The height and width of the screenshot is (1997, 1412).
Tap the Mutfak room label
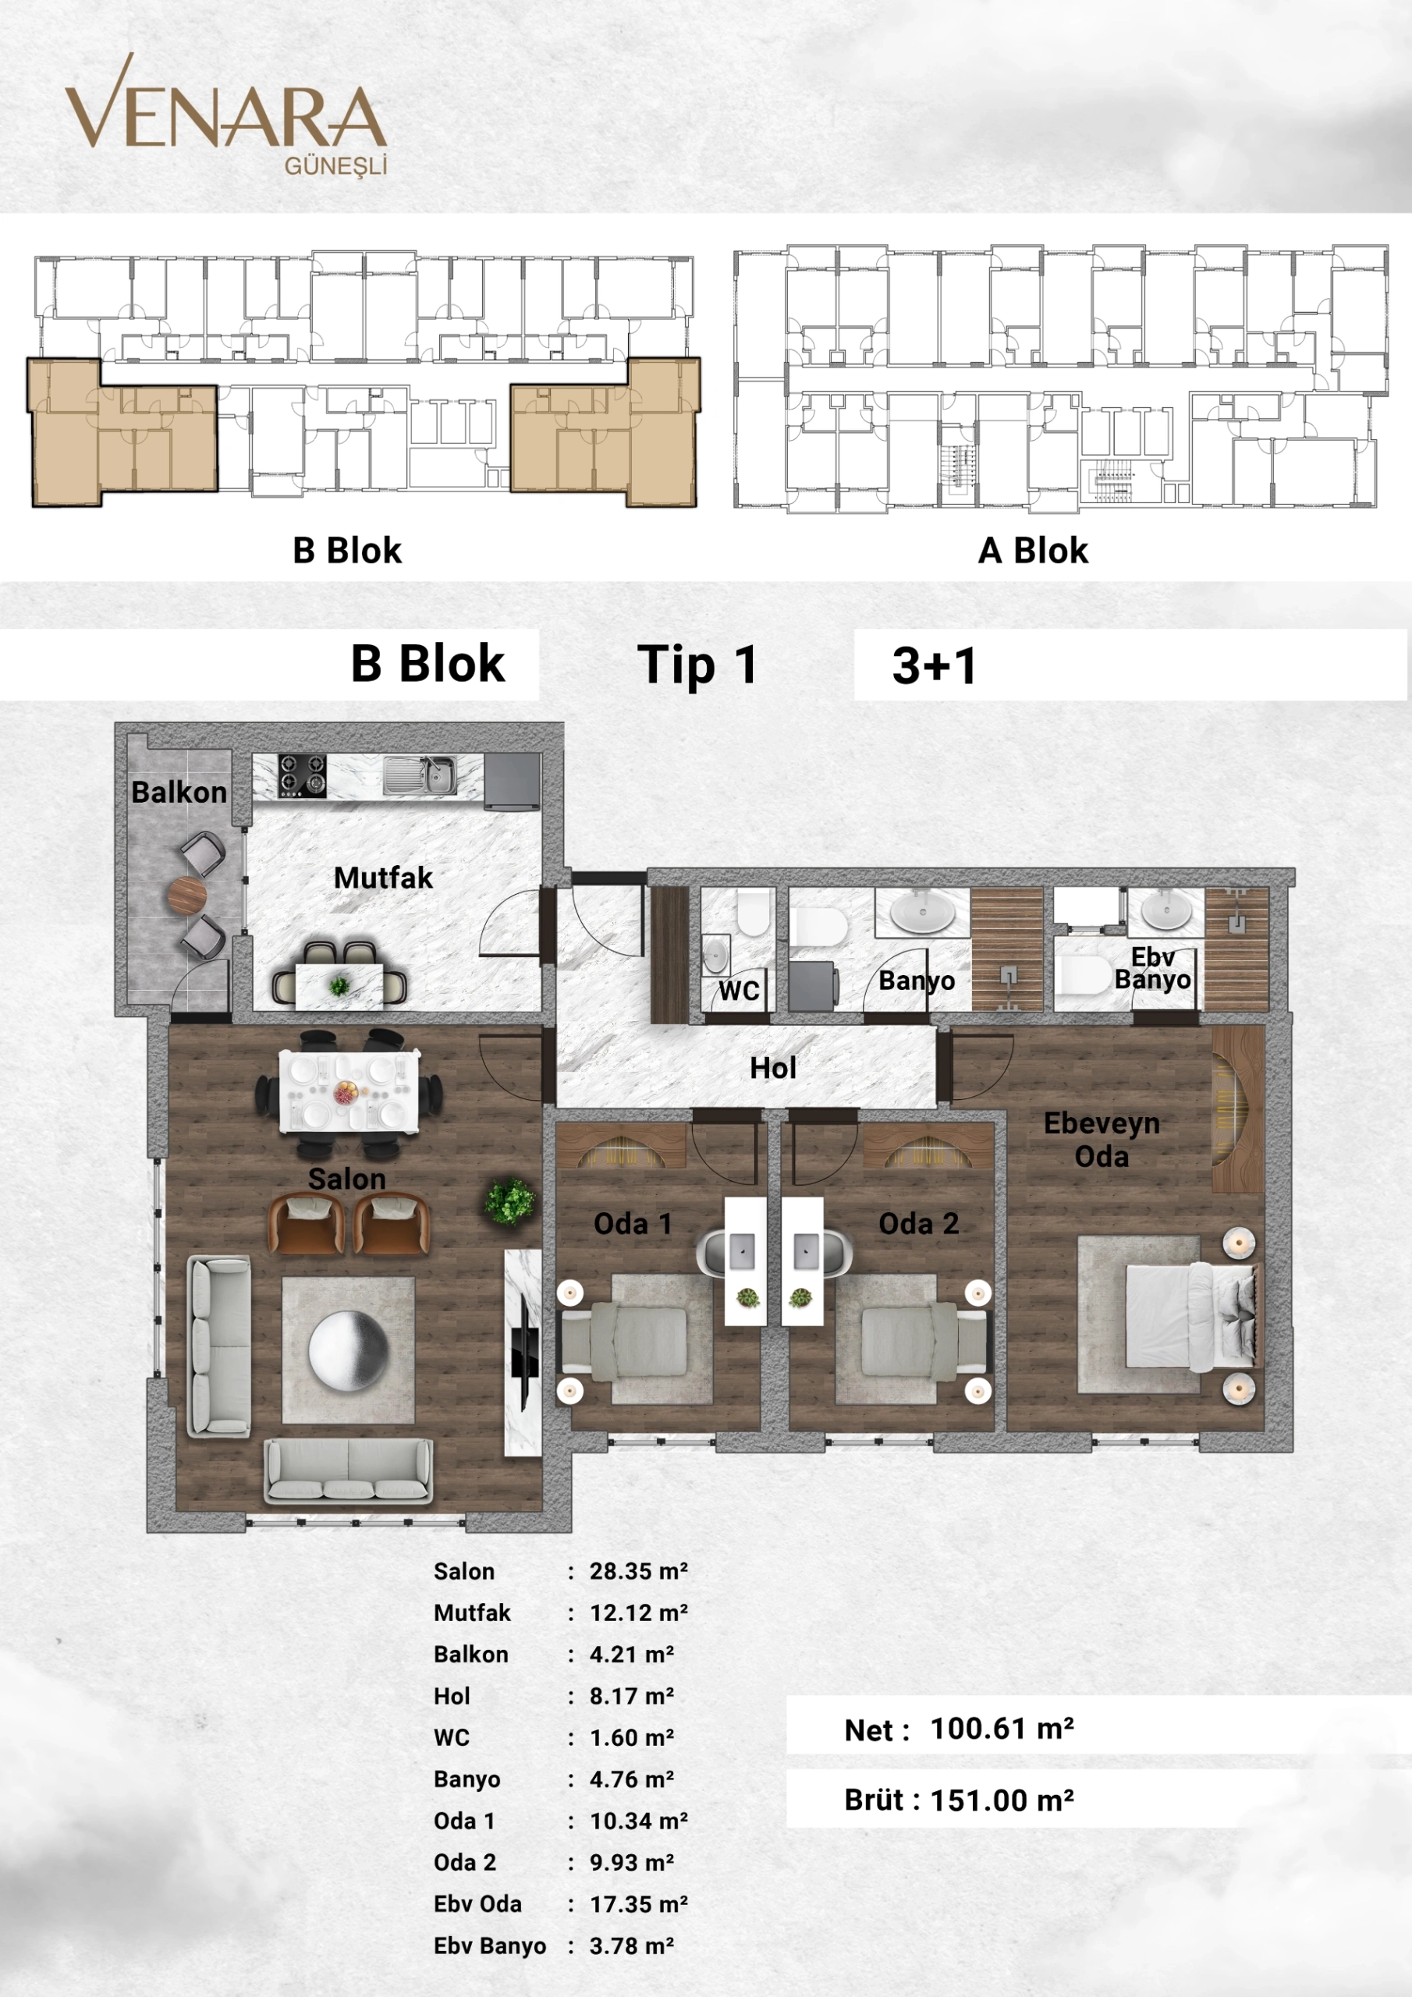click(383, 878)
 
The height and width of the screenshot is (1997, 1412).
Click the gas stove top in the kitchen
click(302, 775)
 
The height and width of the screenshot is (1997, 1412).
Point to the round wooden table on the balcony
click(186, 894)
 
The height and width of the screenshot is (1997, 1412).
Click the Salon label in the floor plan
click(346, 1179)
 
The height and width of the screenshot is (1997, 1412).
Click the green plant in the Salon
click(510, 1202)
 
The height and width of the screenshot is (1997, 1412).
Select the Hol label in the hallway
click(772, 1068)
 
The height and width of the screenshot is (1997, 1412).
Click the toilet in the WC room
click(754, 912)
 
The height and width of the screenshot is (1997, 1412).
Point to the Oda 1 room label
click(633, 1224)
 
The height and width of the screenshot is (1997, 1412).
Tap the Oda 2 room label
click(918, 1224)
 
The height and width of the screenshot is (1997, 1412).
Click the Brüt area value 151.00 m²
click(1002, 1800)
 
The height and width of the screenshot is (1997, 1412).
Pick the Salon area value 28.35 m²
click(639, 1572)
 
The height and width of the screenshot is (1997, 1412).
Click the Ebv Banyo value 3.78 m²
click(632, 1946)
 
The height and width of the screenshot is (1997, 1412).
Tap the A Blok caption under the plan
click(1033, 551)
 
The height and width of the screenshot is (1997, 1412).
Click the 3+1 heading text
click(935, 665)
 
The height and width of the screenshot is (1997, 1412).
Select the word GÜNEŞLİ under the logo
click(335, 166)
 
